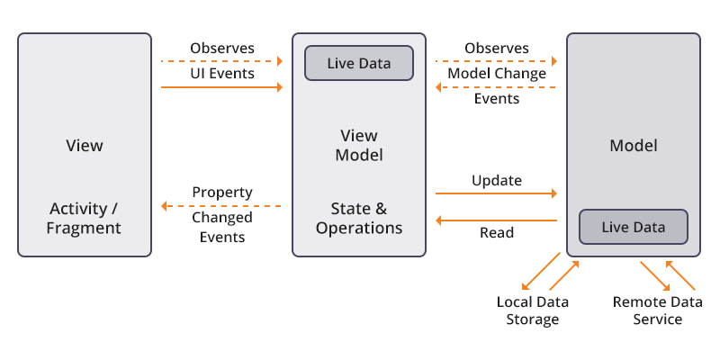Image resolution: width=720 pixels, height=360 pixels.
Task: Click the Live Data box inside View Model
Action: point(358,63)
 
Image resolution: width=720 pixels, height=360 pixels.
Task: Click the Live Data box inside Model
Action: point(633,227)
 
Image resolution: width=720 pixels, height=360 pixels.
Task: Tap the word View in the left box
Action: point(85,145)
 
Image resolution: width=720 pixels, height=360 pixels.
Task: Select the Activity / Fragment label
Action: point(85,218)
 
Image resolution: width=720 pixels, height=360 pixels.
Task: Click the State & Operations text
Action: point(358,218)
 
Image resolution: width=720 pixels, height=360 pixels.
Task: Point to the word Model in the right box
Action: point(633,145)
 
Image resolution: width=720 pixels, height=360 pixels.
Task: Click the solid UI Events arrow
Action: point(221,87)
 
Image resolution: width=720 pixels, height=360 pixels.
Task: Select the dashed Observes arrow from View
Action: point(221,60)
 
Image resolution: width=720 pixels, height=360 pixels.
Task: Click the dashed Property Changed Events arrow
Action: point(221,206)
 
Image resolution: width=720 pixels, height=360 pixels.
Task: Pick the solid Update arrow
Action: point(496,193)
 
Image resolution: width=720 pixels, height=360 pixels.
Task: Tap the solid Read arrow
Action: point(496,220)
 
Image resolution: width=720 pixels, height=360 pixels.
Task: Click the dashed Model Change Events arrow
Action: point(496,87)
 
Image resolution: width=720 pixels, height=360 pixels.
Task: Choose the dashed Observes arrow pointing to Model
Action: point(496,60)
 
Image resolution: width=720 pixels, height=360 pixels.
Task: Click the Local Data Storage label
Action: point(532,310)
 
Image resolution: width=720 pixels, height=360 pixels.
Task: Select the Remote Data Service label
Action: point(657,310)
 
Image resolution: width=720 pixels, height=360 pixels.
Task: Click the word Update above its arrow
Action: point(496,180)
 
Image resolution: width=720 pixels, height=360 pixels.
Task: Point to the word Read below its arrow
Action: point(496,233)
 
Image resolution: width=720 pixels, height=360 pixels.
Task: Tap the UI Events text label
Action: point(221,73)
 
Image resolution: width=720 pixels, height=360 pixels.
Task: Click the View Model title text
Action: point(358,145)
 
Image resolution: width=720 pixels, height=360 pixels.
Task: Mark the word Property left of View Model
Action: point(221,193)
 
